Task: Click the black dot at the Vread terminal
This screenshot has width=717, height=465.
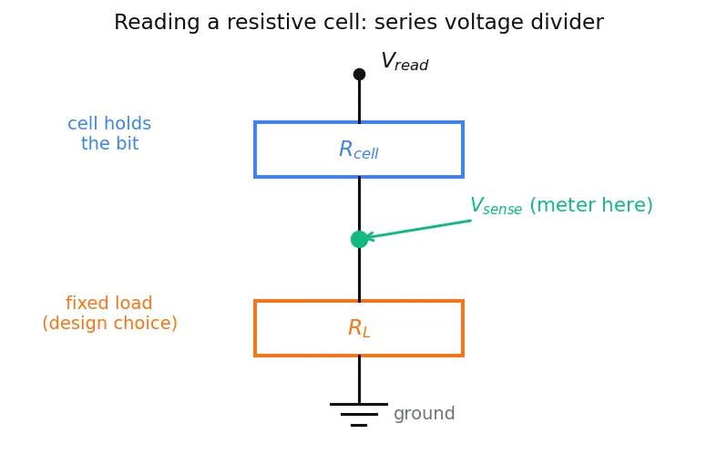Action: point(360,74)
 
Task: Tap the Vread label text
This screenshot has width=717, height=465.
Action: point(405,61)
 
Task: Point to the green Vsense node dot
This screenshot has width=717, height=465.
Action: point(360,240)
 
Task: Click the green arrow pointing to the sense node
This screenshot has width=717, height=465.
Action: point(419,229)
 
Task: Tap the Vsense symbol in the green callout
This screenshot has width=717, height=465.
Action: point(497,205)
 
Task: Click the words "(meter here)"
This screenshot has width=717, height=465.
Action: point(591,205)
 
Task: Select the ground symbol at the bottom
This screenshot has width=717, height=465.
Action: point(359,415)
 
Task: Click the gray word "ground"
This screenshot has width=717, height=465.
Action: point(425,414)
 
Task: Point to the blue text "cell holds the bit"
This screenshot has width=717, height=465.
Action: point(109,133)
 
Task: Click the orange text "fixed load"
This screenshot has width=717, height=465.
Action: point(108,303)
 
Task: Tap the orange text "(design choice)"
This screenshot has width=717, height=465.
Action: point(109,323)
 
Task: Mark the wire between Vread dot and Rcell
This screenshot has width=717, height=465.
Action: point(360,100)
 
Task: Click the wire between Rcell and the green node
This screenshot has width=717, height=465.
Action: point(360,204)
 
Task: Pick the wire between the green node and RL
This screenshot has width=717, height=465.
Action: point(360,274)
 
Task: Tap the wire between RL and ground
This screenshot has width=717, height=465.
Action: point(360,380)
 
